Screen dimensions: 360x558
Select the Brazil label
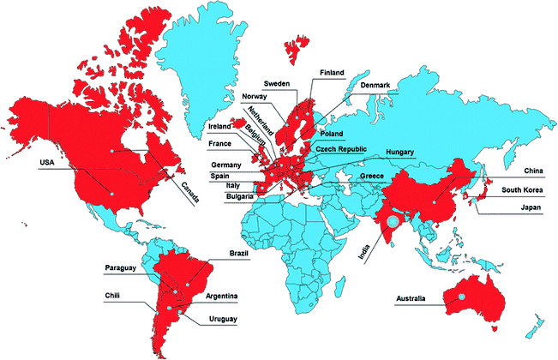click(239, 253)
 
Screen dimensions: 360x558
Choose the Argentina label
click(221, 297)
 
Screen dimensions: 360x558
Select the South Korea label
click(522, 189)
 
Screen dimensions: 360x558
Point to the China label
click(534, 171)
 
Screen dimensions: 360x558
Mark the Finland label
click(333, 73)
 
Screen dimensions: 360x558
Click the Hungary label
click(400, 152)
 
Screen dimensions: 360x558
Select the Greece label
click(372, 176)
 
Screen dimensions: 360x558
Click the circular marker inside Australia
click(461, 296)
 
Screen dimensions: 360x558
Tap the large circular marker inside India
click(393, 221)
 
